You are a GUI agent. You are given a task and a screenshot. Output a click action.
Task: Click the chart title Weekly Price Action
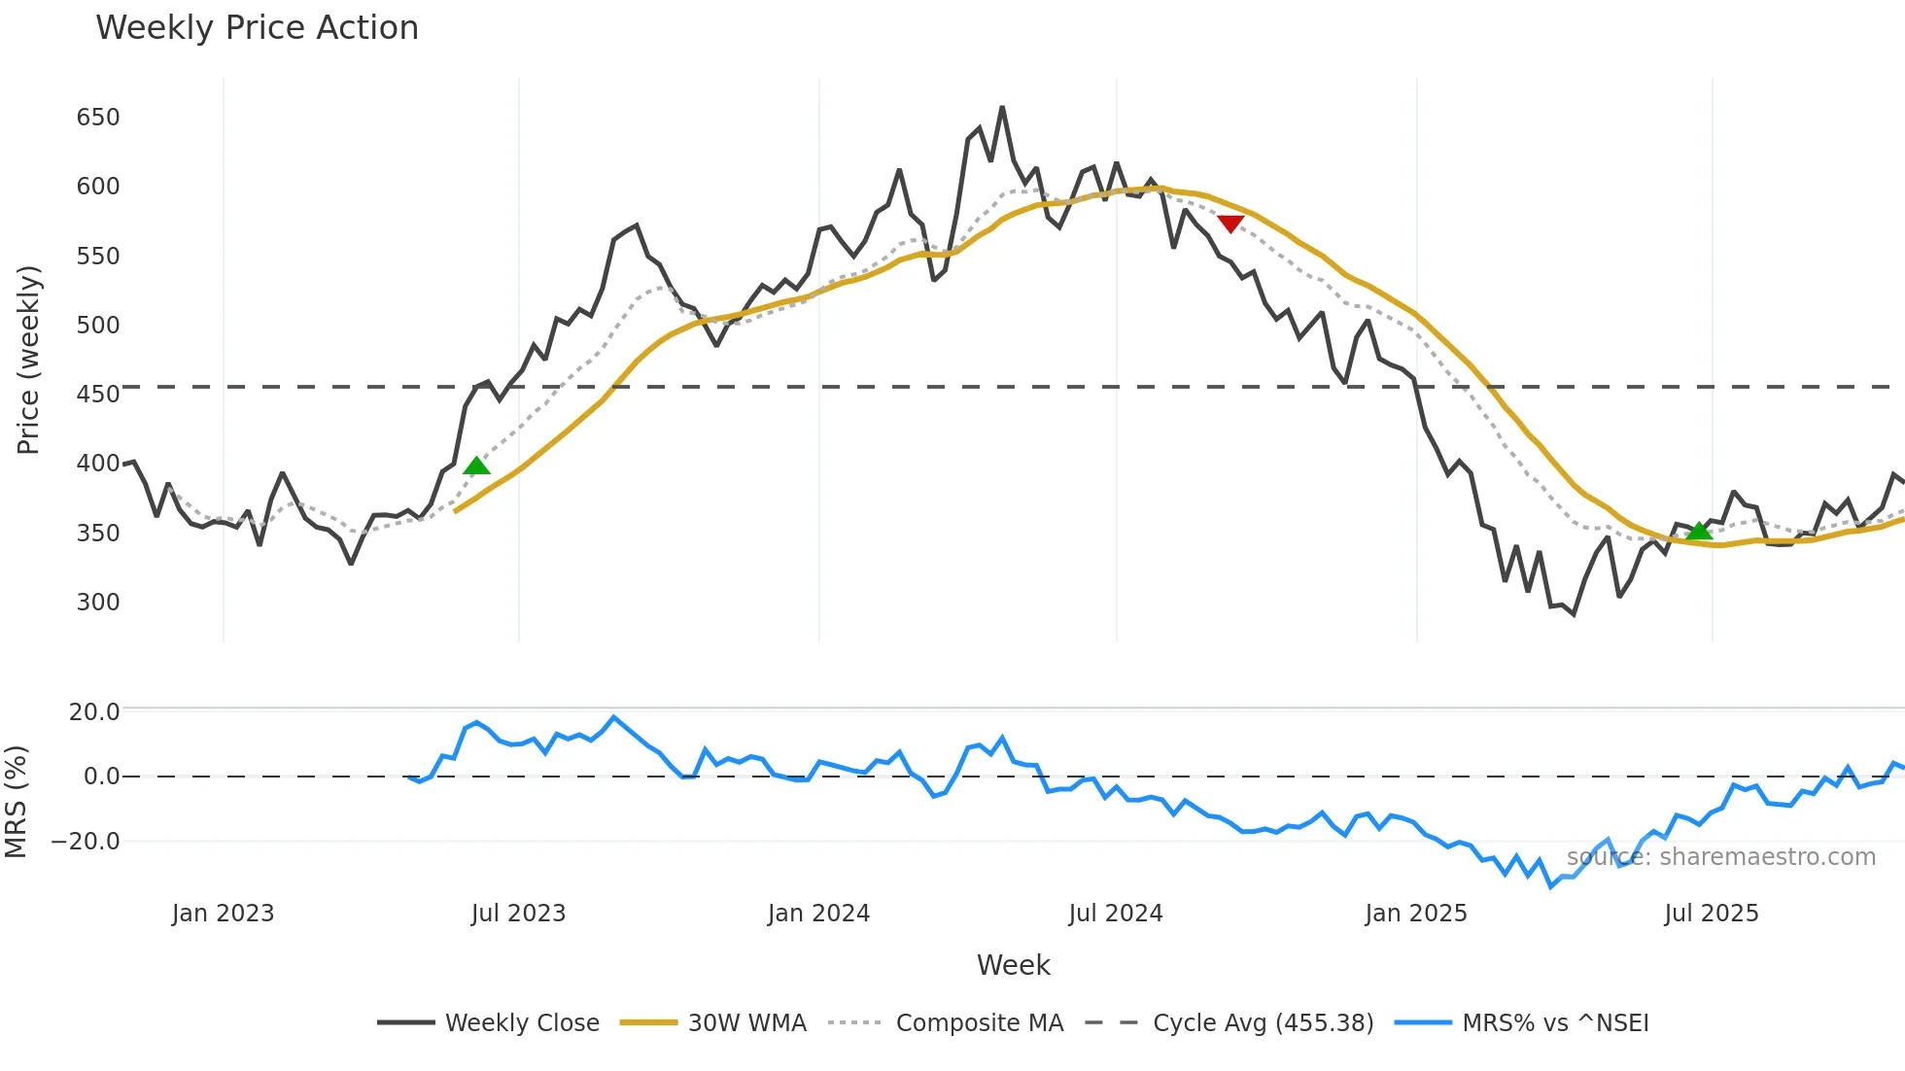(x=257, y=28)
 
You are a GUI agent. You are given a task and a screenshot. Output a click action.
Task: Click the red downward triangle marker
(x=1230, y=224)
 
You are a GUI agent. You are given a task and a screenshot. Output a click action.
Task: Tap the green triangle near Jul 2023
(x=476, y=466)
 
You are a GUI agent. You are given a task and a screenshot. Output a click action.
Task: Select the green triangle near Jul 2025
(x=1699, y=531)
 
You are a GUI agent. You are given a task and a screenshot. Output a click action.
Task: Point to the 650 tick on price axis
(x=98, y=118)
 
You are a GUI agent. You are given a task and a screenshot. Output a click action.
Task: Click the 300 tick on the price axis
(x=98, y=603)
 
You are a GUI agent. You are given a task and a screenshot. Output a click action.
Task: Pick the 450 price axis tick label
(x=98, y=395)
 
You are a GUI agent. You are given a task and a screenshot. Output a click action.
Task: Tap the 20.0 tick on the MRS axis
(x=94, y=712)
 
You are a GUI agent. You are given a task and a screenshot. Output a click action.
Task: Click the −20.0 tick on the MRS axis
(x=87, y=842)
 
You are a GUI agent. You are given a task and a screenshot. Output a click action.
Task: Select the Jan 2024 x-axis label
(x=818, y=914)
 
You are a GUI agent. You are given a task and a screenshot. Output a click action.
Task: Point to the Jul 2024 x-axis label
(x=1116, y=914)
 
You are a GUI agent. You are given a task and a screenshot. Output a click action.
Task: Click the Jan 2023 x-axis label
(x=223, y=914)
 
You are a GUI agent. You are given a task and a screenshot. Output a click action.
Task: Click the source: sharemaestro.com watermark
(x=1720, y=857)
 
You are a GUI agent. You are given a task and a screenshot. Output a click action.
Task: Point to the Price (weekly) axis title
(x=28, y=360)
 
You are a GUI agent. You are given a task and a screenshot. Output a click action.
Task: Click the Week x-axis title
(x=1013, y=965)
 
